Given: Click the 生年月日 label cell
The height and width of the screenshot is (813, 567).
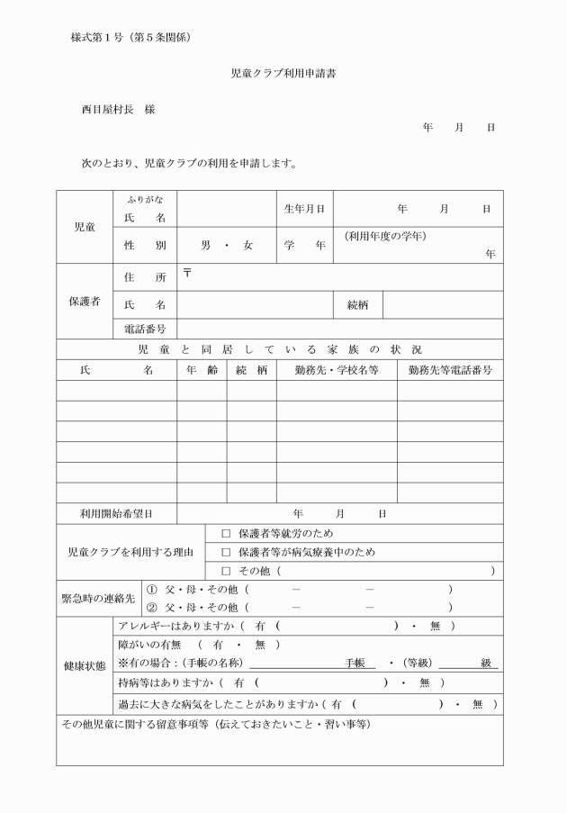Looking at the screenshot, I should coord(304,209).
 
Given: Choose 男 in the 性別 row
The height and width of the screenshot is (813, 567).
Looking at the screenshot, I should coord(205,245).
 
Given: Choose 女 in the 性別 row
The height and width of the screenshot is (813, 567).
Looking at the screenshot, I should coord(247,245).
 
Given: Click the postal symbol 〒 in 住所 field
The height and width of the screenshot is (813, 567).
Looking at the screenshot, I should coord(187,273).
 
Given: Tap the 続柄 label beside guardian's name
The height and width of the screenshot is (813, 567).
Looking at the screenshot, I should coord(358,305).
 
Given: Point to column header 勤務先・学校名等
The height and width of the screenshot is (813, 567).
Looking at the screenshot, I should coord(336,370).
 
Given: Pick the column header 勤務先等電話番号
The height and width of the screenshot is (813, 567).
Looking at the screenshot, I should coord(450,370).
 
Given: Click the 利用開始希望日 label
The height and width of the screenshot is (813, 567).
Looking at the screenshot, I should coord(116,513).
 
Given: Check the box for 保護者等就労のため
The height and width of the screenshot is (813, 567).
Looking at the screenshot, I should coord(226,534).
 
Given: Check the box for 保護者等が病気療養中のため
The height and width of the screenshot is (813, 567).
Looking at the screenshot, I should coord(226,552).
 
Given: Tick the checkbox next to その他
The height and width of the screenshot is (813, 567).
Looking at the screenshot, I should coord(226,571).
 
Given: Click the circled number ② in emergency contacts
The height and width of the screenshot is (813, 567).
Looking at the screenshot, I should coord(152,608).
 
